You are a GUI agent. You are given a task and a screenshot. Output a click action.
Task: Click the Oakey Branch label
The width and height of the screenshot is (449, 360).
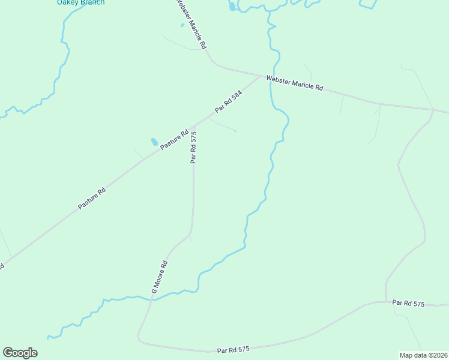[x=80, y=2]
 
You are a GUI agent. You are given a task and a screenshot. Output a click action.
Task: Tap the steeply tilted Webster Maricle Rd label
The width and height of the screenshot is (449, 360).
[x=191, y=24]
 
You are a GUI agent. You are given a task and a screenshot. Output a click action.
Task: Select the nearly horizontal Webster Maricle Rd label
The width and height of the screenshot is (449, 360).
[x=294, y=83]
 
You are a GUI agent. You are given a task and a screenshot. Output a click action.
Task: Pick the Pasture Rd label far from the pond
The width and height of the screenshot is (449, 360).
[x=92, y=199]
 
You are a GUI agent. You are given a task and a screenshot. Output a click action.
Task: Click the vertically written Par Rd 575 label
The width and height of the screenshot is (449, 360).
[x=193, y=148]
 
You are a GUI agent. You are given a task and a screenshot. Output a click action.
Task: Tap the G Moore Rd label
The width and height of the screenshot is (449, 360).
[x=159, y=277]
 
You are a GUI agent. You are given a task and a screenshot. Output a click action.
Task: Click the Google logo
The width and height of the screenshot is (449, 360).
[x=20, y=353]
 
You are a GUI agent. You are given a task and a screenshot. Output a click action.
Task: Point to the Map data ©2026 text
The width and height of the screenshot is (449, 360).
[x=423, y=355]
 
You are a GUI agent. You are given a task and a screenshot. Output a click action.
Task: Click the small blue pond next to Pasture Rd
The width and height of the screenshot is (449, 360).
[x=154, y=142]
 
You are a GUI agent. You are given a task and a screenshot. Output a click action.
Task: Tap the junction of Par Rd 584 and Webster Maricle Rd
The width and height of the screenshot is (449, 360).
[x=262, y=76]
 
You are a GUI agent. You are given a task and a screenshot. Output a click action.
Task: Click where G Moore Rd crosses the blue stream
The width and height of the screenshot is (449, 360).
[x=152, y=298]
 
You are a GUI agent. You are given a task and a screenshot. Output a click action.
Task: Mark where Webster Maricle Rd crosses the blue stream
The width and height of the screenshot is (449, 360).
[x=270, y=77]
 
